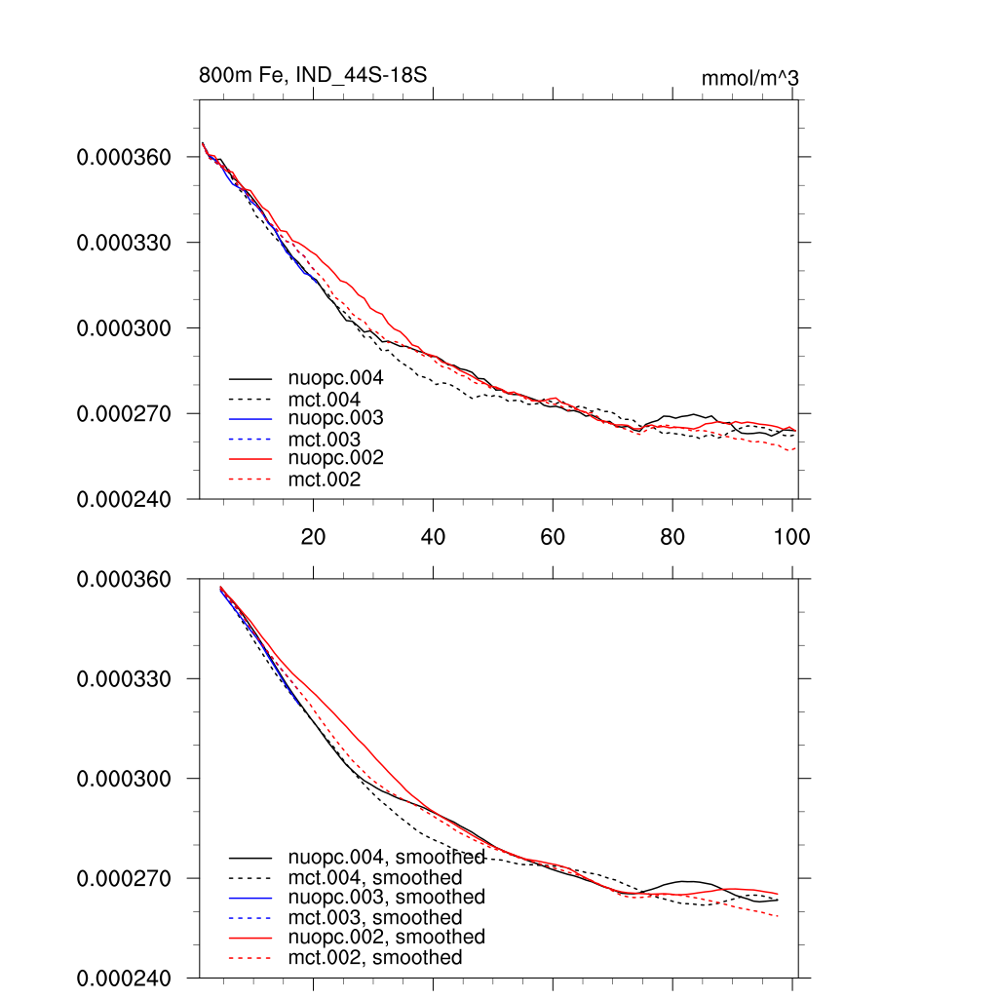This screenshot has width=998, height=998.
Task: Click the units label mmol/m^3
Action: coord(749,78)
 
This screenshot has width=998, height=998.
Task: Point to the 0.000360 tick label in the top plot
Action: coord(124,157)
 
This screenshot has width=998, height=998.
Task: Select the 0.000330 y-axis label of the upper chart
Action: coord(124,242)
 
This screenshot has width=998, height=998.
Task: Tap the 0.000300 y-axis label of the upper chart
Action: coord(124,327)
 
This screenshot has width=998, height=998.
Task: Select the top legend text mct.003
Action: coord(325,440)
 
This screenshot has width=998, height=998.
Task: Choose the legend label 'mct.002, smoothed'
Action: coord(375,958)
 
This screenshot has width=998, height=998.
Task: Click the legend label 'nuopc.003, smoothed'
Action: coord(386,897)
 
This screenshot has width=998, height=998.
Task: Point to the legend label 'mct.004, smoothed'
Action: coord(375,878)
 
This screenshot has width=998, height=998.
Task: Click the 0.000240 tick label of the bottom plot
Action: coord(124,978)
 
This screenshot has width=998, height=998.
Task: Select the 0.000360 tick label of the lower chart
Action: coord(124,579)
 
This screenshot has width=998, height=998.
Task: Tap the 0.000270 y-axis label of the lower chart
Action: coord(124,878)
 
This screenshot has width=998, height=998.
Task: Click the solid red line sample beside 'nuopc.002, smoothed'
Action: coord(250,938)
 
